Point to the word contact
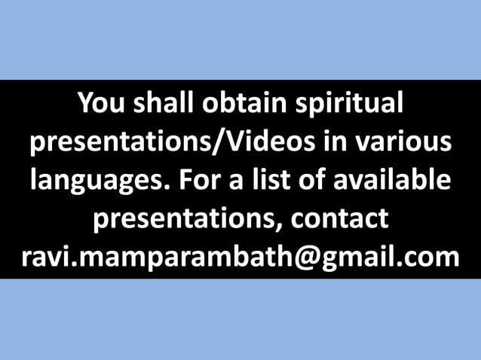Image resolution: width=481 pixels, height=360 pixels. [x=339, y=220]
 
